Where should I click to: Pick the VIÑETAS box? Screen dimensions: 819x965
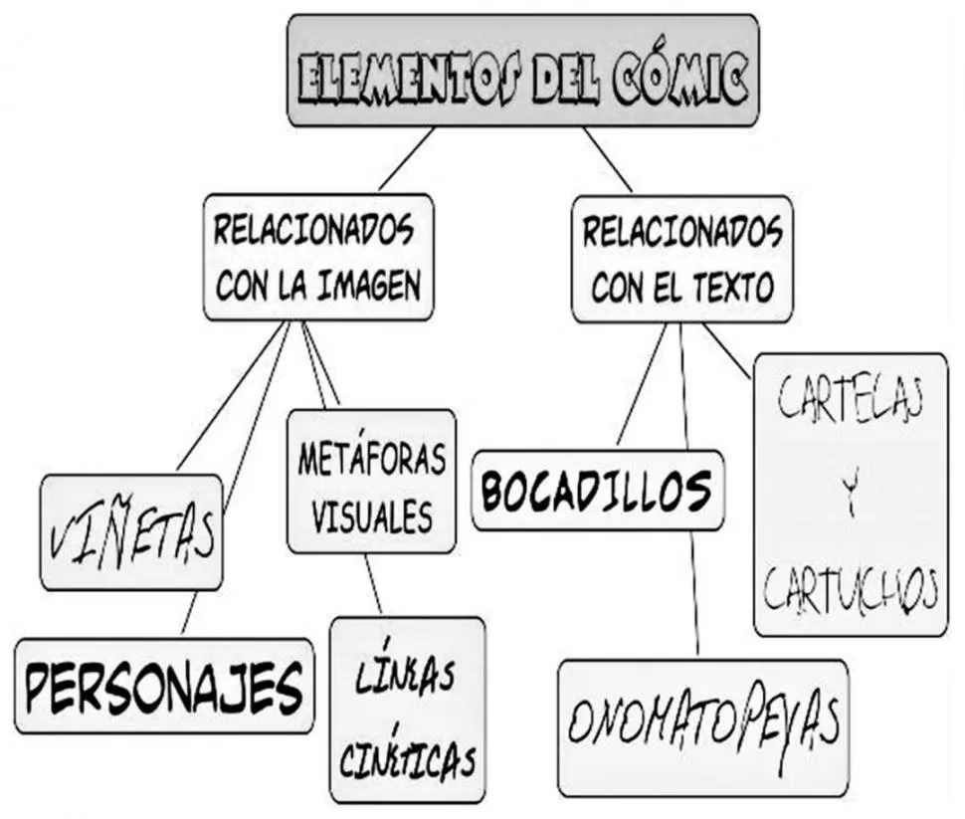click(130, 533)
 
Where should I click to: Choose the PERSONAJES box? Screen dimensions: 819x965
click(163, 686)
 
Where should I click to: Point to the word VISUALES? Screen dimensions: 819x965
click(371, 515)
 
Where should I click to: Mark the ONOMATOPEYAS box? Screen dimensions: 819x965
click(702, 725)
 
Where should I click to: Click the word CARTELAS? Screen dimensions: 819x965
click(851, 403)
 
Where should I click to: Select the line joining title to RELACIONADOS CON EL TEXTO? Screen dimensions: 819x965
click(607, 159)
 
